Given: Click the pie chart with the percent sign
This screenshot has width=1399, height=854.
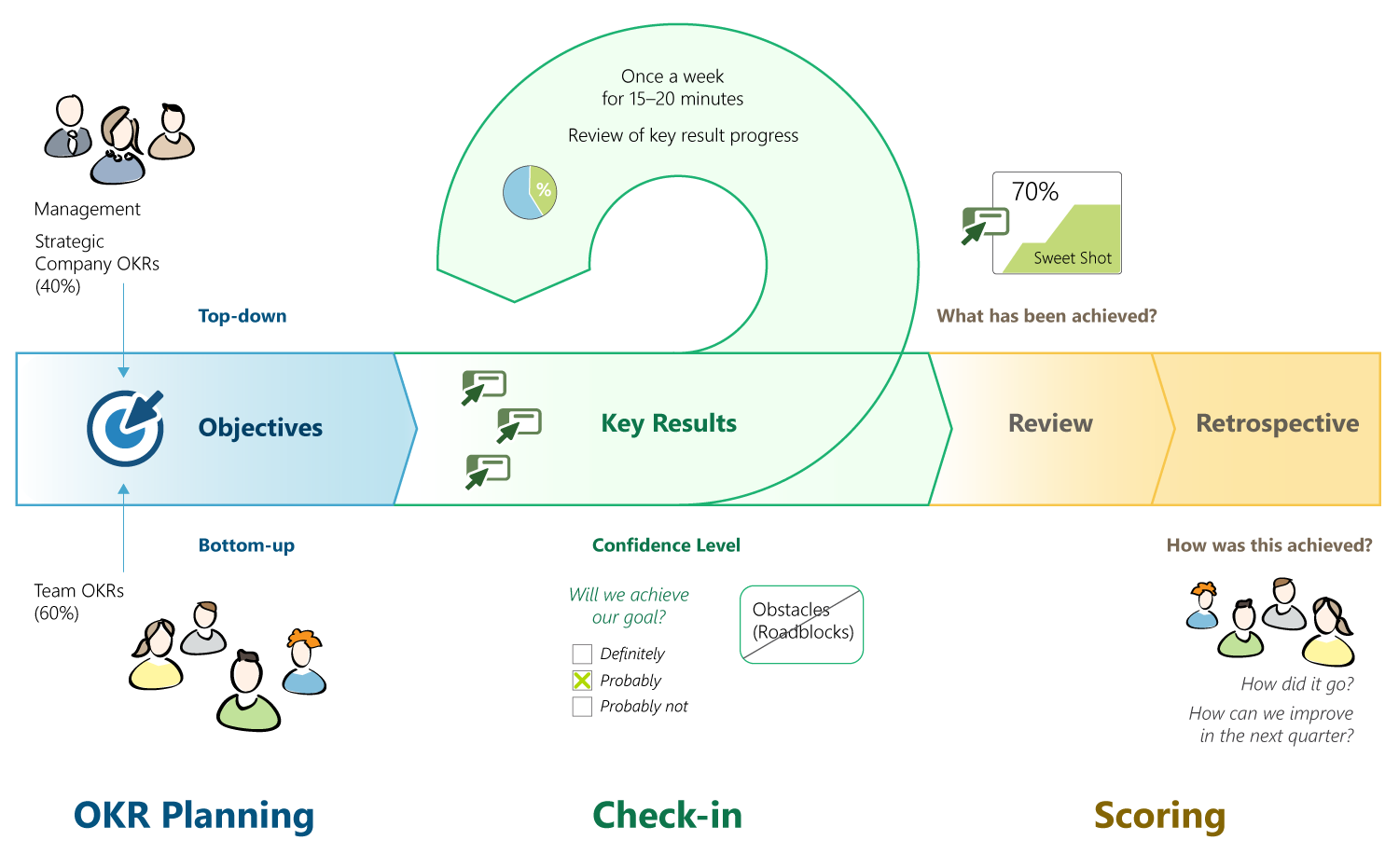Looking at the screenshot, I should (530, 192).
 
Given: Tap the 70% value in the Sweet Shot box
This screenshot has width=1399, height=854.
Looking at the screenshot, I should (1035, 192).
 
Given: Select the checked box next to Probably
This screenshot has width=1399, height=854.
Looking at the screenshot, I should (582, 681).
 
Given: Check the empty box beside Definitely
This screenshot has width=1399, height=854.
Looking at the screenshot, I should (582, 654).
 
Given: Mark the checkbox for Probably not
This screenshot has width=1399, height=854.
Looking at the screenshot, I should (582, 707).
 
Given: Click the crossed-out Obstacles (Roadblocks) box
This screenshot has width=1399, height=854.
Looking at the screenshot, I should (802, 625).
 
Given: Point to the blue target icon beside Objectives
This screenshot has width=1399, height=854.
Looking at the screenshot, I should (125, 428).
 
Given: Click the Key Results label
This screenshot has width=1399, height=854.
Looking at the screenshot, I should (669, 423).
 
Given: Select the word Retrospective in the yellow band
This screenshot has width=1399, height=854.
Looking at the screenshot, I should (1277, 423).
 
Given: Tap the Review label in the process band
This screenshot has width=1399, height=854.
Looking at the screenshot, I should (1050, 423).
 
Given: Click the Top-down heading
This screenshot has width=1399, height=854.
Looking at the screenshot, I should (242, 316).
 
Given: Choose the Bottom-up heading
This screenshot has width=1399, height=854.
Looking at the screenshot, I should (246, 545).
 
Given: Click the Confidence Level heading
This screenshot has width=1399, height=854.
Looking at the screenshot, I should (666, 545).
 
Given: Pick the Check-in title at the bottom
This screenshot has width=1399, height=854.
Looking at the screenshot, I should (668, 815).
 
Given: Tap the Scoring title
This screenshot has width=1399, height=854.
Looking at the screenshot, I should (1159, 815).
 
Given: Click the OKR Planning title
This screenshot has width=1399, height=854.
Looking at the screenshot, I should (194, 815).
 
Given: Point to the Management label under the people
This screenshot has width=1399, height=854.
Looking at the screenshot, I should (88, 209).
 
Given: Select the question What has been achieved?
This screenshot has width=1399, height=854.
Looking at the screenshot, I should (1046, 316).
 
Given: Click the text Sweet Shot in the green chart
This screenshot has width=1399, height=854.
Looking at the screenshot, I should (1073, 258).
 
